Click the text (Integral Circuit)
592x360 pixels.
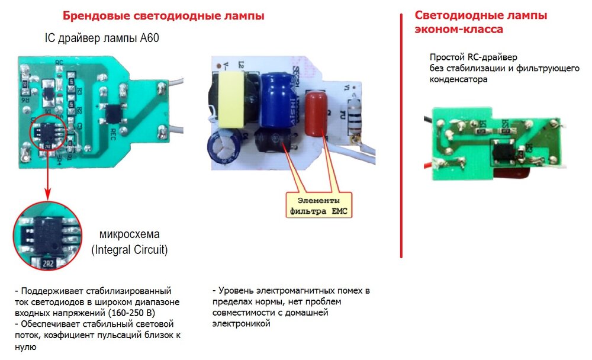[x=129, y=250]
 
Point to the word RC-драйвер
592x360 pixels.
[x=491, y=57]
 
